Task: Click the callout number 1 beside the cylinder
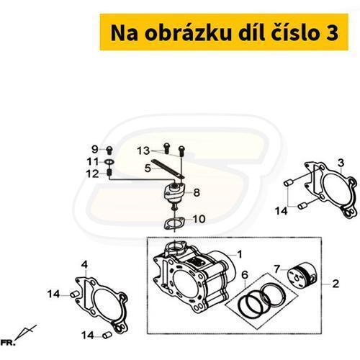point(240,254)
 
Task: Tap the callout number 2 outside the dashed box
point(336,284)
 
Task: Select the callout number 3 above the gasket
point(341,163)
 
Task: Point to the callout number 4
point(84,265)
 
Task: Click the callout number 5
point(148,168)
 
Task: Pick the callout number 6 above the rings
point(245,275)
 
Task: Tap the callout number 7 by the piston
point(277,269)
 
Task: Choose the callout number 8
point(197,192)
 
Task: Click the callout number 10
point(199,219)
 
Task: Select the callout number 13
point(143,151)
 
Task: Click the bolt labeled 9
point(109,150)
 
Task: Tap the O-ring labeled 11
point(110,163)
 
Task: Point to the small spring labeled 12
point(109,172)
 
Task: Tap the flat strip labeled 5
point(168,169)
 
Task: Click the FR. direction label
point(7,343)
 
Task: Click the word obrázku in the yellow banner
point(188,32)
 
